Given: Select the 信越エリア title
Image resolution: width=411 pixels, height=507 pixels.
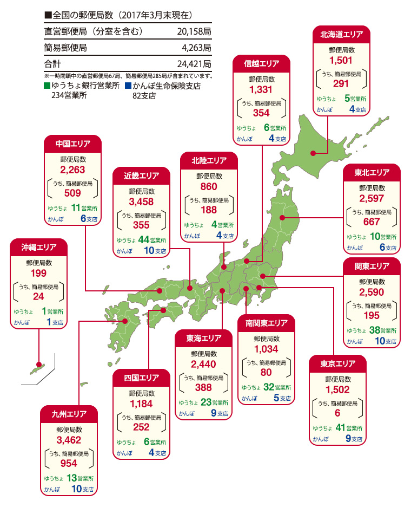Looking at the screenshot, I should [262, 64].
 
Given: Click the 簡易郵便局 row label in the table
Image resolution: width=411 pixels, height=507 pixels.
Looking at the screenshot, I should [65, 48].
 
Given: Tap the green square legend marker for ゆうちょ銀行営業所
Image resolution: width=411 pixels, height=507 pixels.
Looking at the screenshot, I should [48, 86].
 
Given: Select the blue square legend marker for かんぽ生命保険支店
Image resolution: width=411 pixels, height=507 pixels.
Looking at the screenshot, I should [128, 86].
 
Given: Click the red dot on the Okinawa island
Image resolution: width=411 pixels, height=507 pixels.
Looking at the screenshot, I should [38, 365].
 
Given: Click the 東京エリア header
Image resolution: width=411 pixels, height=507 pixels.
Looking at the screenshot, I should [337, 363].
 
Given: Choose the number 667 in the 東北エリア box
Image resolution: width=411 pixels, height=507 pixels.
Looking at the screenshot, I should [372, 222].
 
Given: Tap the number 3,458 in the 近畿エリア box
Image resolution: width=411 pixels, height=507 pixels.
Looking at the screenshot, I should [142, 201].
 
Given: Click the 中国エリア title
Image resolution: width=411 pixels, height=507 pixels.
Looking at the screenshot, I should [73, 144].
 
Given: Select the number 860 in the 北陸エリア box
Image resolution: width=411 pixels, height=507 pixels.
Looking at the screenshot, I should [209, 186].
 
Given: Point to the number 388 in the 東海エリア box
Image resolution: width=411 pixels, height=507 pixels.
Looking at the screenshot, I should [204, 387].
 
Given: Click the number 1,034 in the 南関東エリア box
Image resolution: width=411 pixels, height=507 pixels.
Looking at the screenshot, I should [266, 349].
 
